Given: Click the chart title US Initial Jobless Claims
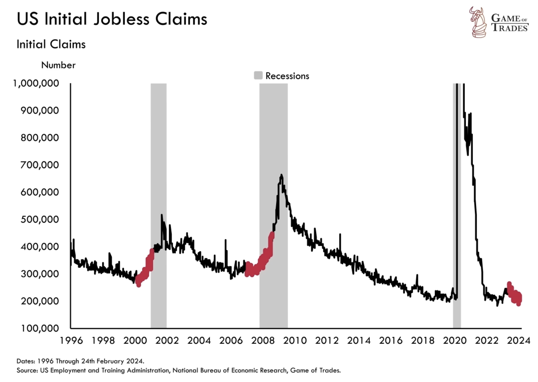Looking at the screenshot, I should point(112,19).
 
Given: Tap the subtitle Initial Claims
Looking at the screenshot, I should point(51,44).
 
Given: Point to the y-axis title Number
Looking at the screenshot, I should point(58,65).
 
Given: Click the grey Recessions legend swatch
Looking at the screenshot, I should point(258,76).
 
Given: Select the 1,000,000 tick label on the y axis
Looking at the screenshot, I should point(36,83).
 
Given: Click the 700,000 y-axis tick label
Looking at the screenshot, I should point(40,165).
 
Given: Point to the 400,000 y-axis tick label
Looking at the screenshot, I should point(40,246).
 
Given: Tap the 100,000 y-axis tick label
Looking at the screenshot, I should point(40,328).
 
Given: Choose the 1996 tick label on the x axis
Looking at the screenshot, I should point(71,341).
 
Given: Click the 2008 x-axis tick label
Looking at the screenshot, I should point(263,341).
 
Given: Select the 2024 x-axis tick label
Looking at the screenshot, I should point(518,341).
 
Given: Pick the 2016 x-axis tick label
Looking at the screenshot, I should point(391,341).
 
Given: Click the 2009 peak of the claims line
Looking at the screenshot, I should point(281,176).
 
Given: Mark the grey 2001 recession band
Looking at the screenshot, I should point(158,189).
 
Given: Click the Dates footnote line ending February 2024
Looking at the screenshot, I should point(80,361).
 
